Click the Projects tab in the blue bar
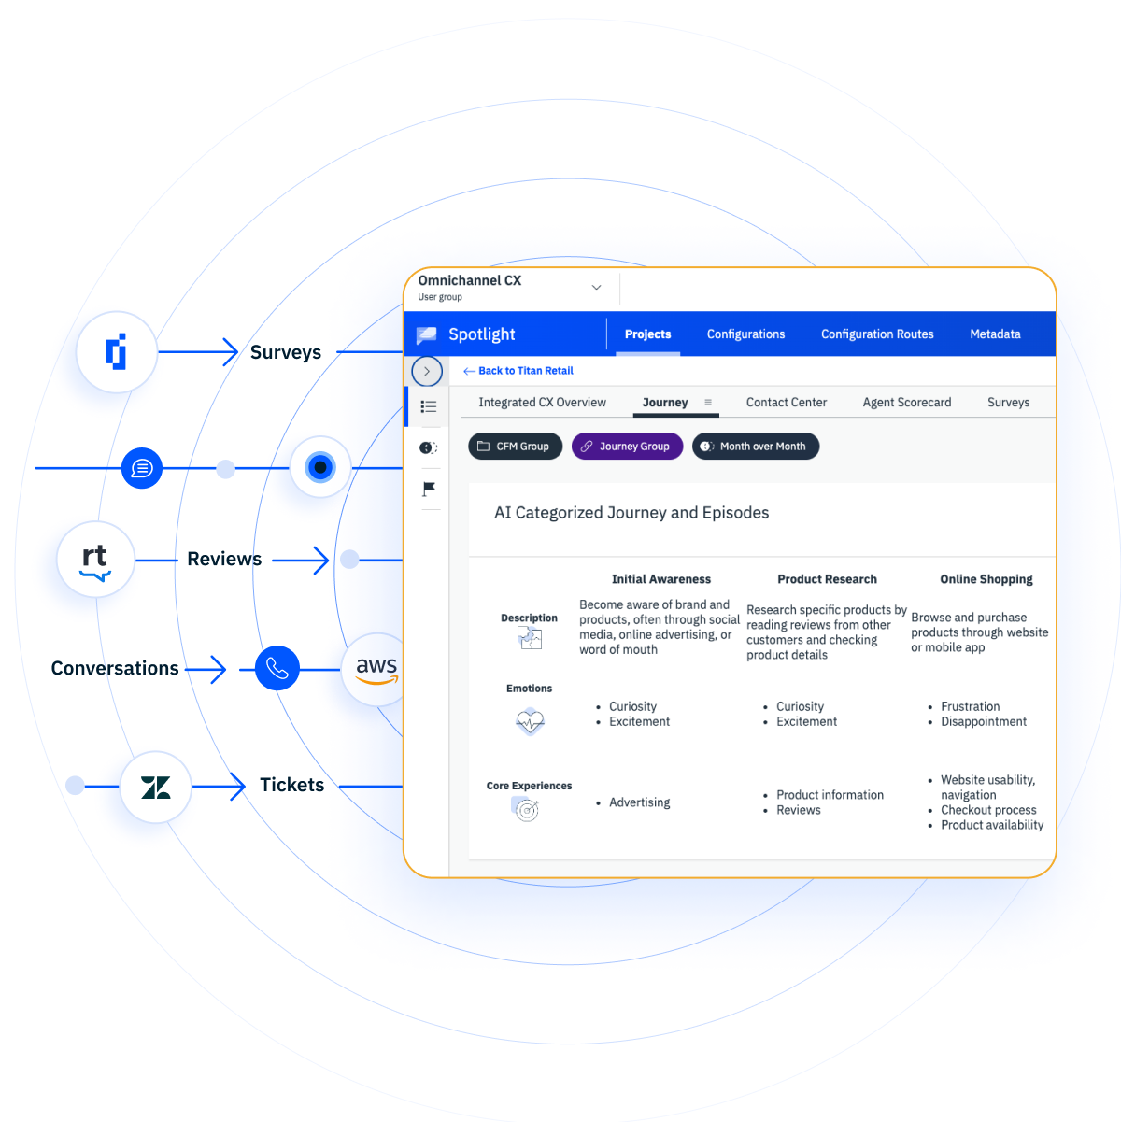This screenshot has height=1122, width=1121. [x=647, y=334]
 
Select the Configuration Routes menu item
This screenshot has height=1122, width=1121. [x=876, y=334]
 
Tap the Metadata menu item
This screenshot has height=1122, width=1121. [x=994, y=334]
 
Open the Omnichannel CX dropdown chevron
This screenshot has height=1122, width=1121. [x=596, y=288]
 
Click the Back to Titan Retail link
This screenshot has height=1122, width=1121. [x=518, y=371]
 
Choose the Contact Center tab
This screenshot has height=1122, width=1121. [x=786, y=403]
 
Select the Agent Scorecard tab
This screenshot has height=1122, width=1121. [x=906, y=403]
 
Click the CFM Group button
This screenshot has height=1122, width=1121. [x=515, y=446]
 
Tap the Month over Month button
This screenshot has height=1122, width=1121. [x=755, y=446]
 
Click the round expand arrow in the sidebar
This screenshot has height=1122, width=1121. [x=426, y=371]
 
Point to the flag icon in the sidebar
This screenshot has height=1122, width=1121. [x=429, y=489]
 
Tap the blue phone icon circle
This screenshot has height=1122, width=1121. [x=277, y=667]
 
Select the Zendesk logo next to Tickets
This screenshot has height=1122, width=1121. [x=155, y=787]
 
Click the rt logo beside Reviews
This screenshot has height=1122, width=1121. [x=95, y=560]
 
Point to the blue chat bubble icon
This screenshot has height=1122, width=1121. [x=141, y=467]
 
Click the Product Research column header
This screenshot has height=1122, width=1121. [x=827, y=579]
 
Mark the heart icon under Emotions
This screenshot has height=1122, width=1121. [x=530, y=722]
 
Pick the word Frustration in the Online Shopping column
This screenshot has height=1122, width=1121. [x=970, y=706]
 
